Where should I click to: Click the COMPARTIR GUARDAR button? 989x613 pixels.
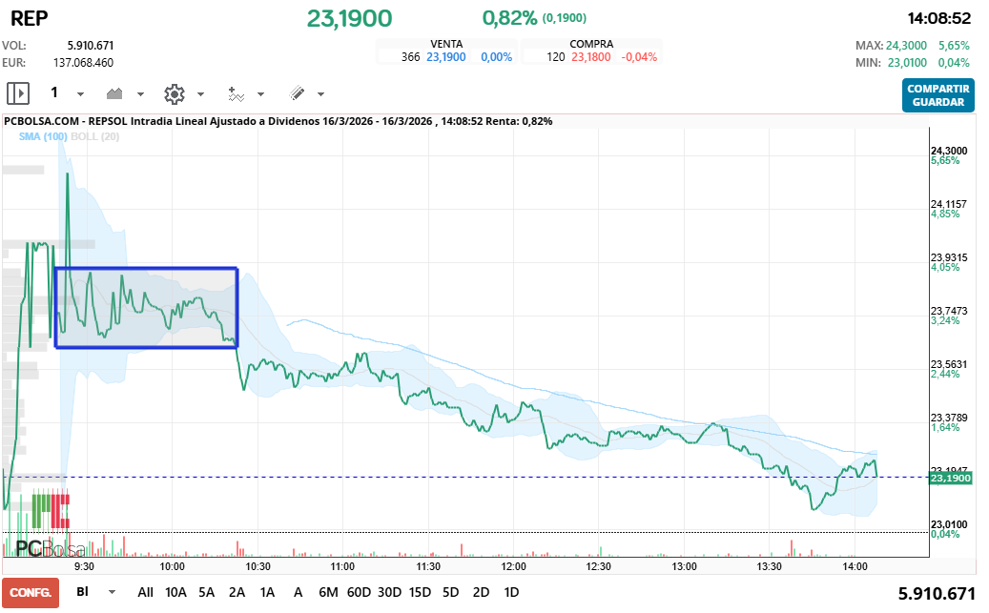point(938,95)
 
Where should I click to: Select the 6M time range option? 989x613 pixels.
point(328,592)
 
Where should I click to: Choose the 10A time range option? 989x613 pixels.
point(176,592)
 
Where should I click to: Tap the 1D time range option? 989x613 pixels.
point(511,592)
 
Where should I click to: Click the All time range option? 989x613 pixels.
point(145,592)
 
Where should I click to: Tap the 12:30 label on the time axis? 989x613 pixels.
point(599,566)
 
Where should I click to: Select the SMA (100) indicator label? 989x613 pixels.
point(43,136)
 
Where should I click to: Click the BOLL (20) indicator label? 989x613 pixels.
point(95,136)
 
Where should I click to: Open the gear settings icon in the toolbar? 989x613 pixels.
point(174,93)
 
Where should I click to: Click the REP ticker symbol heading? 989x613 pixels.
point(29,18)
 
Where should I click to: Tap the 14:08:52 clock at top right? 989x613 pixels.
point(938,18)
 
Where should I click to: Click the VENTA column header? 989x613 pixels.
point(447,44)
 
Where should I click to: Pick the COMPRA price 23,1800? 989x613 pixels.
point(591,57)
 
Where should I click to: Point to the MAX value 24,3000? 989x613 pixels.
point(905,45)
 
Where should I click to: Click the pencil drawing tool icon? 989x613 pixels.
point(297,93)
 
